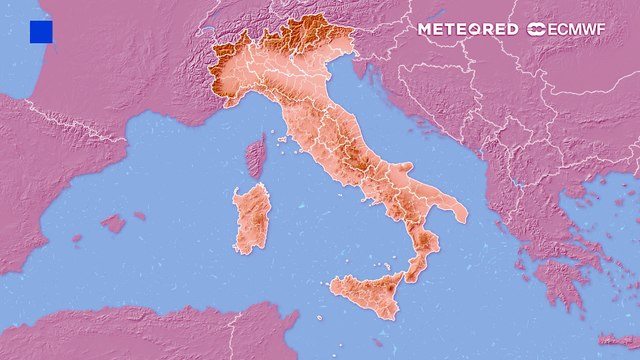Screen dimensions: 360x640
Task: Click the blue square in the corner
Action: (41, 32)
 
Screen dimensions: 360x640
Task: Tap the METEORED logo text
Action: (467, 29)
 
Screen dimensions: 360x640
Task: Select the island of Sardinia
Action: (252, 217)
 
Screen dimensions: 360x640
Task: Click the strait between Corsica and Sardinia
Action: (254, 181)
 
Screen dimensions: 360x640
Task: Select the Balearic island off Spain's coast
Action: (113, 223)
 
